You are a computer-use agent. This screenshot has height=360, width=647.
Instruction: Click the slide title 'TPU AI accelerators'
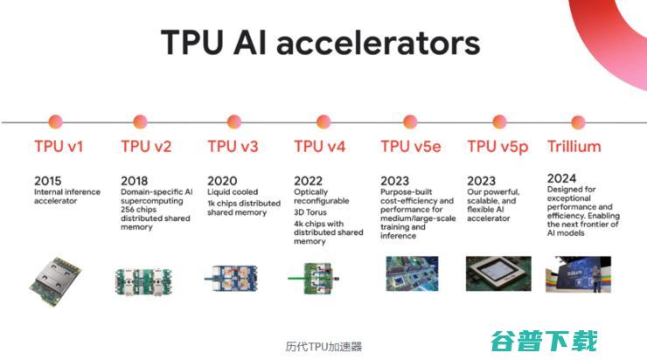pyautogui.click(x=321, y=43)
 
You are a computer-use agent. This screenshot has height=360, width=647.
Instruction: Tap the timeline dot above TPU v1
pyautogui.click(x=55, y=121)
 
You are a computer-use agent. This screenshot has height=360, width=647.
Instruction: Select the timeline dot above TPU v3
pyautogui.click(x=234, y=121)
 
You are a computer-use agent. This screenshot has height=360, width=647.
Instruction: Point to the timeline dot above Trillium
pyautogui.click(x=578, y=122)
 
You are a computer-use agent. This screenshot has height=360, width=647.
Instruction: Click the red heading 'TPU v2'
pyautogui.click(x=146, y=147)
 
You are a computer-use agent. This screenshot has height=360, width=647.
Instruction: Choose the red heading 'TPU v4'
pyautogui.click(x=319, y=147)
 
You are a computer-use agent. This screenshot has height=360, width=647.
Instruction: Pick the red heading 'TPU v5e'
pyautogui.click(x=411, y=147)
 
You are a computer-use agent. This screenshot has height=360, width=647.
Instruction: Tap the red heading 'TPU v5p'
pyautogui.click(x=497, y=147)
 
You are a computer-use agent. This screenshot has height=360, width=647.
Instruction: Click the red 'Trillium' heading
pyautogui.click(x=574, y=147)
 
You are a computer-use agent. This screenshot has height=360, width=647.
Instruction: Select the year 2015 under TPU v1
pyautogui.click(x=48, y=181)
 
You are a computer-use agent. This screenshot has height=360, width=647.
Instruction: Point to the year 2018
pyautogui.click(x=134, y=181)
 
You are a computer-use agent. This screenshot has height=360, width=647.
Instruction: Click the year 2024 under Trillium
pyautogui.click(x=561, y=178)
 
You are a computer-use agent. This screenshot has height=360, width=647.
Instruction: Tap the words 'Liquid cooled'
pyautogui.click(x=233, y=192)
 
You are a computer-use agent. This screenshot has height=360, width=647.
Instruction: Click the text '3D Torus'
pyautogui.click(x=310, y=212)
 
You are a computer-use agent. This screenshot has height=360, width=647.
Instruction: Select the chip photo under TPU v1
pyautogui.click(x=55, y=281)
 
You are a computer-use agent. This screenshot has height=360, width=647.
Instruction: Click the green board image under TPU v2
pyautogui.click(x=143, y=281)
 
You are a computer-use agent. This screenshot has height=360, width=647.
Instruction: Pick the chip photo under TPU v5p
pyautogui.click(x=498, y=273)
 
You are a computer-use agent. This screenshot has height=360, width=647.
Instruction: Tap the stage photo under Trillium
pyautogui.click(x=578, y=274)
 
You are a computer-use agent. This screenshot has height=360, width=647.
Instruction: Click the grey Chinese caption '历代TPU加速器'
pyautogui.click(x=323, y=346)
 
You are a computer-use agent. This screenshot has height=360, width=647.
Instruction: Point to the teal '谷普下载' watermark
pyautogui.click(x=544, y=341)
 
